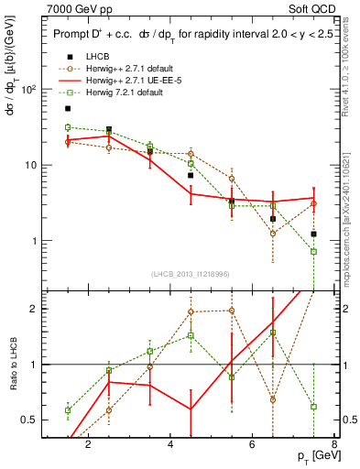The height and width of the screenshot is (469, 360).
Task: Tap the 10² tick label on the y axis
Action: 28,89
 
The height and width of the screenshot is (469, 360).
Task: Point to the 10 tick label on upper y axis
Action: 30,165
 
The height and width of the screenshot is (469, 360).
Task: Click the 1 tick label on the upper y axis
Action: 33,241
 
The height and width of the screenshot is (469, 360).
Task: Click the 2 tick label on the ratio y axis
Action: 33,309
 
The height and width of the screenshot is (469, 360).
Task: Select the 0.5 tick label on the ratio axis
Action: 29,420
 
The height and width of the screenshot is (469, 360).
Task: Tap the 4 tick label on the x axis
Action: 171,446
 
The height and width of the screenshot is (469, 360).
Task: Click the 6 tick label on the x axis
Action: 254,446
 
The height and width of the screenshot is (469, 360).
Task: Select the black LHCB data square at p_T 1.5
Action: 68,108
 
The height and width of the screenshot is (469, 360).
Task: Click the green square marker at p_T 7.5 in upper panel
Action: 313,251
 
